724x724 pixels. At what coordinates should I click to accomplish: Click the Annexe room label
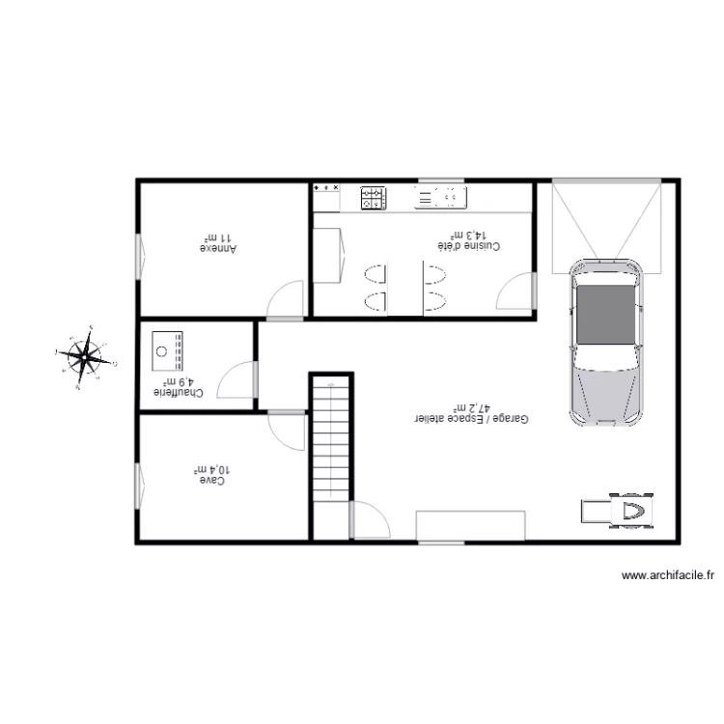tap(218, 247)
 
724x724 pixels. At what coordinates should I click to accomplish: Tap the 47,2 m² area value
tap(470, 408)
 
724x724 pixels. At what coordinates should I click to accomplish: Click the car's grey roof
tap(605, 314)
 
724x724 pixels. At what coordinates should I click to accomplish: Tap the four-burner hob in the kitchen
tap(373, 198)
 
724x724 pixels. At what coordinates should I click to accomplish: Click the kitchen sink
tap(440, 198)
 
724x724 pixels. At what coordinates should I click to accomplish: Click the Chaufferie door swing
tap(237, 380)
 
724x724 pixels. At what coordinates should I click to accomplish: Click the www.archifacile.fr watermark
tap(667, 575)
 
